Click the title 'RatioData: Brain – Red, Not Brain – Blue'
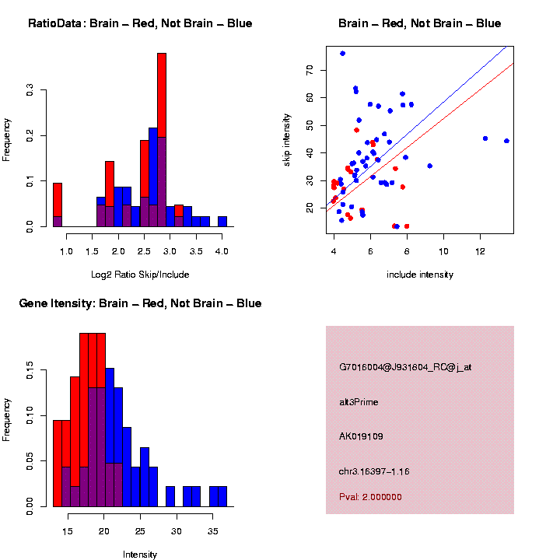pos(140,23)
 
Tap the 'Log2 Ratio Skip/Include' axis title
pos(140,274)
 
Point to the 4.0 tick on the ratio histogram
pos(222,251)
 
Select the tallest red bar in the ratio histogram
pos(162,140)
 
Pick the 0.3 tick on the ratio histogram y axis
pos(32,90)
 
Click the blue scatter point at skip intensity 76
pos(342,54)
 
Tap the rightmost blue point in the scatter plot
pos(506,141)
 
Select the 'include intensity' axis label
pos(420,274)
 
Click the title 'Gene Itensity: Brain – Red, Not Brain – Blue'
pos(140,303)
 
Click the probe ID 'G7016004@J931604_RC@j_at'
pos(405,367)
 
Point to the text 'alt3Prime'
pos(359,402)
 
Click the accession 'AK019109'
pos(361,436)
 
